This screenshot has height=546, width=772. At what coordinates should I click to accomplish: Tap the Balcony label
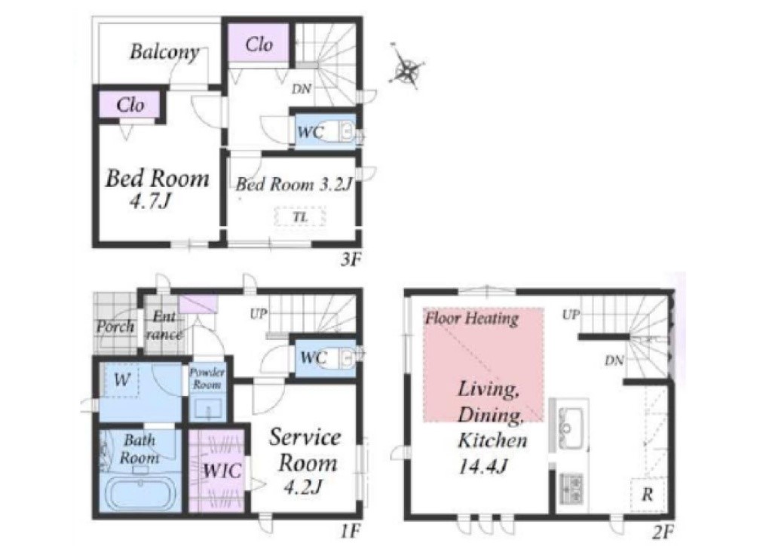pyautogui.click(x=164, y=52)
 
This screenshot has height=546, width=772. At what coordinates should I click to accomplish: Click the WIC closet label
pyautogui.click(x=222, y=471)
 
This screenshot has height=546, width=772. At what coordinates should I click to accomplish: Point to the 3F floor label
pyautogui.click(x=351, y=259)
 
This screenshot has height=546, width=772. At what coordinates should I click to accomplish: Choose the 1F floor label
pyautogui.click(x=351, y=532)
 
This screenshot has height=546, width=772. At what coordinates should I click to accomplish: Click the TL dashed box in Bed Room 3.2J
pyautogui.click(x=300, y=217)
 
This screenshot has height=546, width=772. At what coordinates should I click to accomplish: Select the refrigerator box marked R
pyautogui.click(x=648, y=494)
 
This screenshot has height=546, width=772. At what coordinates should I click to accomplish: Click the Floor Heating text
pyautogui.click(x=472, y=318)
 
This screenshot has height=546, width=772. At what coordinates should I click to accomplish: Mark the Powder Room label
pyautogui.click(x=207, y=378)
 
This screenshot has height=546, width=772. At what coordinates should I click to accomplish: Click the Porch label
pyautogui.click(x=115, y=327)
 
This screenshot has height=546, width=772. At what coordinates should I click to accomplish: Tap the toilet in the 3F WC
pyautogui.click(x=343, y=131)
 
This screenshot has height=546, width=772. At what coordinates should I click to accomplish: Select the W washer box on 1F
pyautogui.click(x=121, y=379)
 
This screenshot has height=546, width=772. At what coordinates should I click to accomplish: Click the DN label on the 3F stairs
pyautogui.click(x=302, y=89)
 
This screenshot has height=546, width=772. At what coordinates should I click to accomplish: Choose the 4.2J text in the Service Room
pyautogui.click(x=303, y=487)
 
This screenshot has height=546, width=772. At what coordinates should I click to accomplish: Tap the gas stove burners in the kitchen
pyautogui.click(x=571, y=488)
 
